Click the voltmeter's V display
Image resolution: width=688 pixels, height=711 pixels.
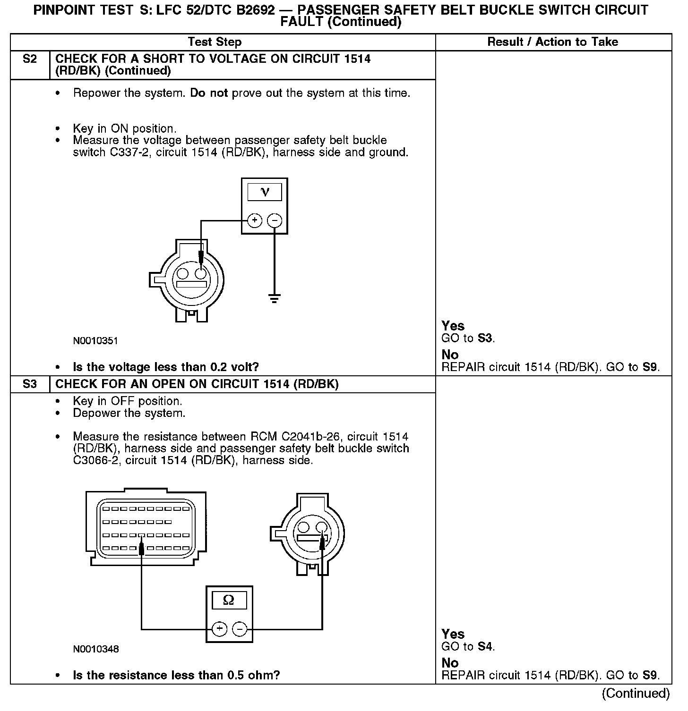[265, 192]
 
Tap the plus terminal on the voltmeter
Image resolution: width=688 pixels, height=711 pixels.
[254, 220]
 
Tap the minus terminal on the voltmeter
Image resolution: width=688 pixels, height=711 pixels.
[275, 220]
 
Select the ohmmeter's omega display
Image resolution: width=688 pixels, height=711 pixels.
[229, 601]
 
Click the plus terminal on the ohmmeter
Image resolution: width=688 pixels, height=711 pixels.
[219, 629]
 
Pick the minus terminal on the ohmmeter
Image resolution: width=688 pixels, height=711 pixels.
[240, 629]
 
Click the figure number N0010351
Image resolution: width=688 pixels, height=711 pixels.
[95, 340]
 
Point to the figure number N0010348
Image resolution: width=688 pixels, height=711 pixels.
[95, 649]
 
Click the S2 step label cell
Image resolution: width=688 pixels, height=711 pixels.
[30, 59]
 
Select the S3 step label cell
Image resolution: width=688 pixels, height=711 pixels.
[30, 384]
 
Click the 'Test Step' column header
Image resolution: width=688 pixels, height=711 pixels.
[215, 42]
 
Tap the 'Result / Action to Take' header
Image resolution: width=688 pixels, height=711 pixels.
[552, 42]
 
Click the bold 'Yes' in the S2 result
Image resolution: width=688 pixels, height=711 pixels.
[453, 326]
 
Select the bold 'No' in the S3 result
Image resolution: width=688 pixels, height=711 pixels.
[450, 663]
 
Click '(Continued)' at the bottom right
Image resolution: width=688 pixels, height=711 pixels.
[636, 693]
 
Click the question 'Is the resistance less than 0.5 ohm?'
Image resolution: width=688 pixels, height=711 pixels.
[176, 675]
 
